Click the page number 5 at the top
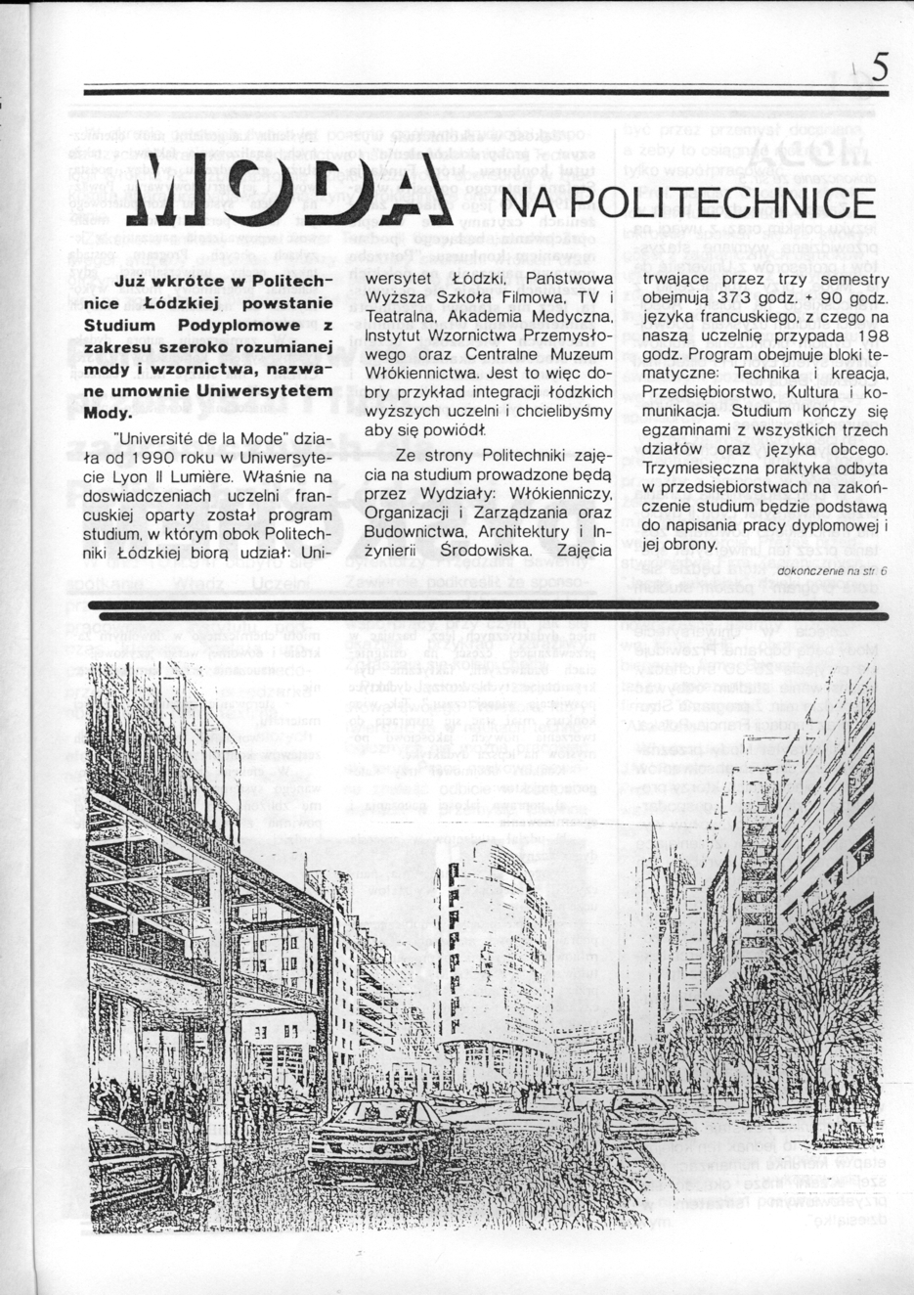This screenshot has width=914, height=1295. click(x=878, y=67)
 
